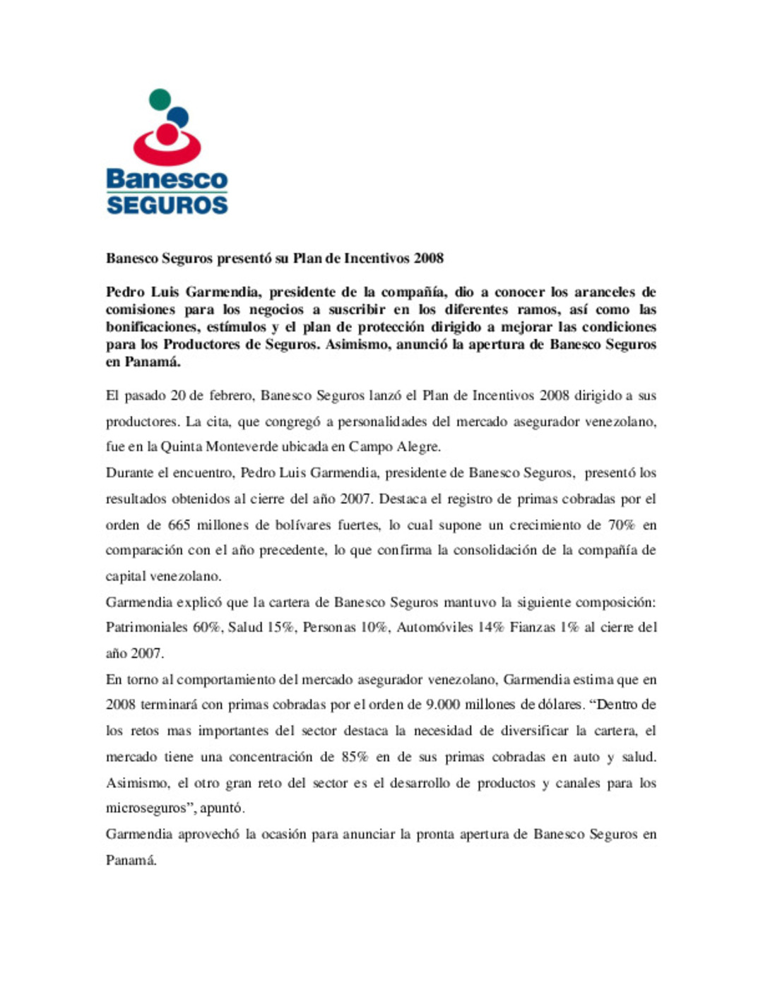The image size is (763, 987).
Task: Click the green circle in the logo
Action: coord(160,99)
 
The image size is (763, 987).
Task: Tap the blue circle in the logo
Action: coord(177,116)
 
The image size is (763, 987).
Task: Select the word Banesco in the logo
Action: coord(167,179)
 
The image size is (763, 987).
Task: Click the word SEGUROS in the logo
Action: coord(167,205)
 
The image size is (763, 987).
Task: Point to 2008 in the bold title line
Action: coord(428,258)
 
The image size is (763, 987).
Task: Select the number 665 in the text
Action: coord(179,525)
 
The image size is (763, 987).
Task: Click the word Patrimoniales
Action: coord(146,627)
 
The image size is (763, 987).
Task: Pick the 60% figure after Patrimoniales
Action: coord(206,627)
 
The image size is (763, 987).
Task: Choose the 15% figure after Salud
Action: coord(280,627)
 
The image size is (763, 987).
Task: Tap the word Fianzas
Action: coord(533,627)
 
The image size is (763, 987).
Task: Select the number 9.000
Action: coord(443,705)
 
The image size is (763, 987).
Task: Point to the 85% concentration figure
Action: coord(355,757)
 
